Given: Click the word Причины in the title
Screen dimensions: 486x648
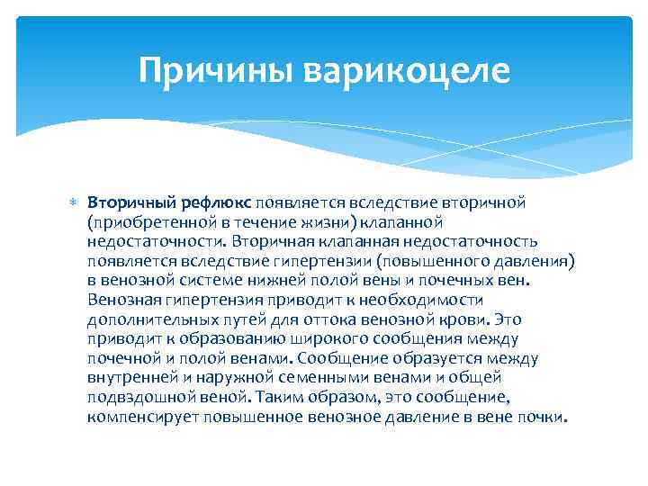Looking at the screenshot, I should tap(217, 70).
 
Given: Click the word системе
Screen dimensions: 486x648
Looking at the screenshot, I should tap(196, 281).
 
